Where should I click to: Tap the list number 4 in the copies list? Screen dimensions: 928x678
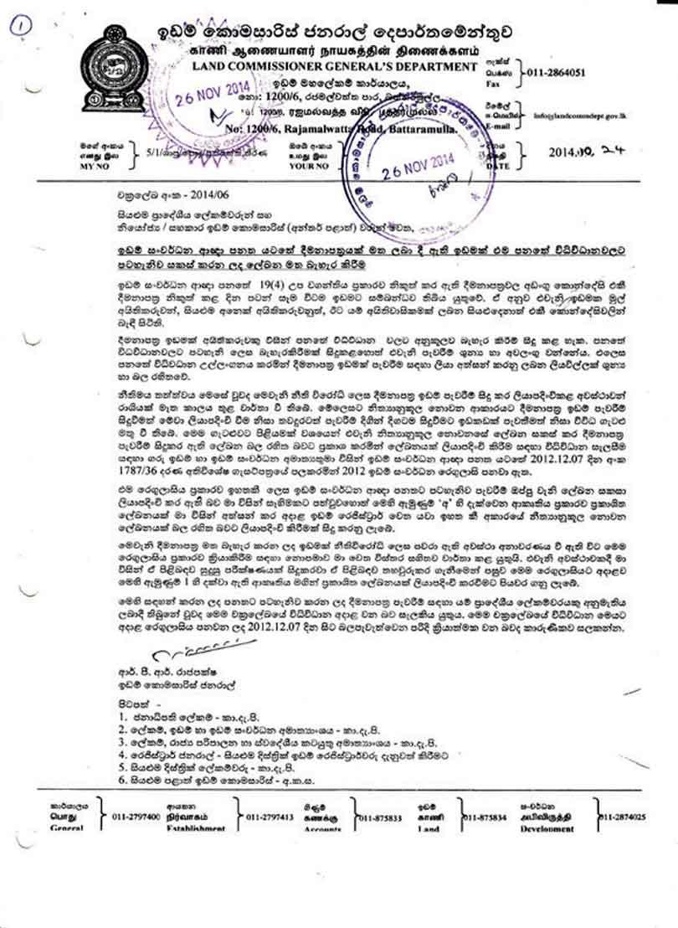[122, 753]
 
